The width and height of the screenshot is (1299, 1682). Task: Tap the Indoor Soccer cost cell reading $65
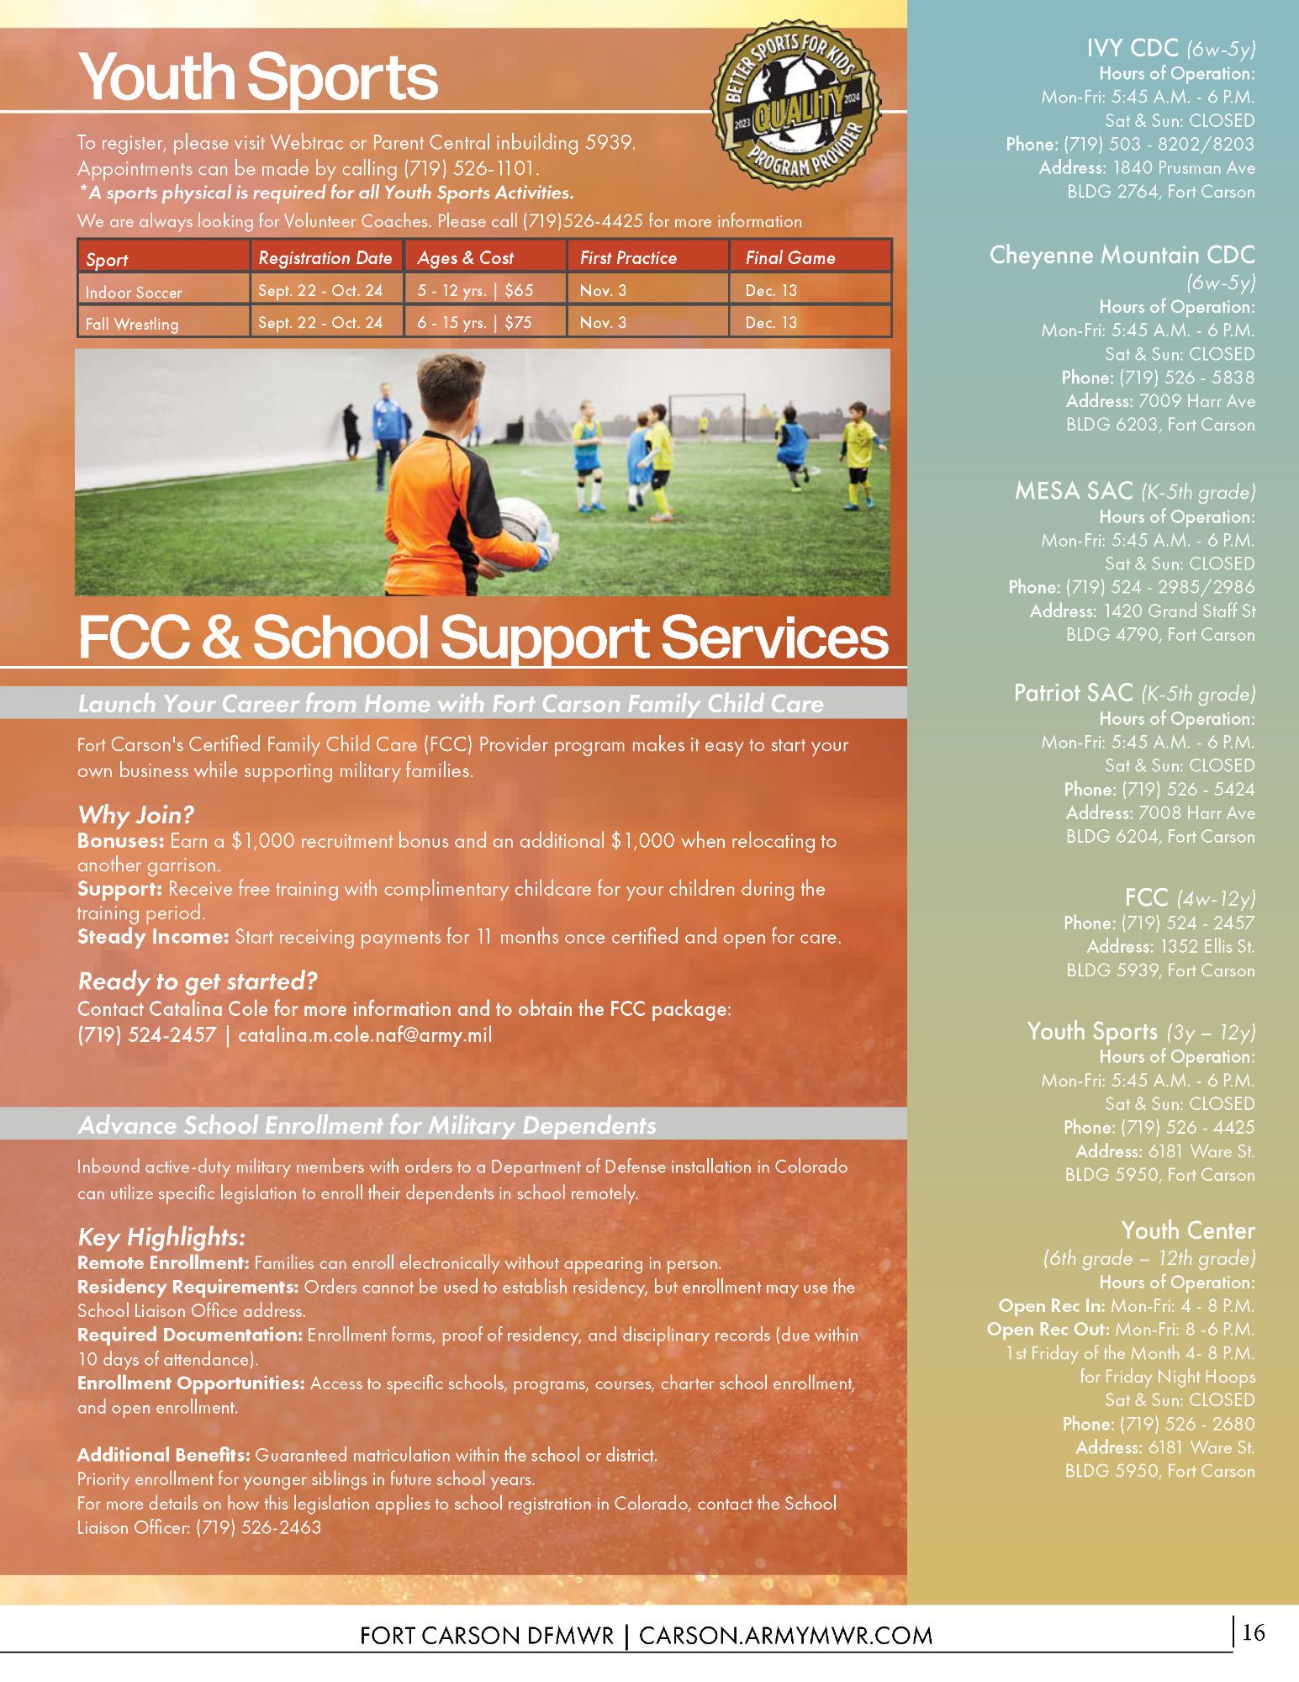[519, 291]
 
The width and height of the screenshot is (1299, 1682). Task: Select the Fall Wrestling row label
[132, 324]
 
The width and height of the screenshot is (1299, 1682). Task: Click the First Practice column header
[628, 258]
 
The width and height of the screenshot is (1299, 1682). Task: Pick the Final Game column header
[790, 258]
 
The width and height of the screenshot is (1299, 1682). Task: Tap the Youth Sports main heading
[258, 77]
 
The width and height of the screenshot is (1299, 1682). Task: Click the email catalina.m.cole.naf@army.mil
[365, 1035]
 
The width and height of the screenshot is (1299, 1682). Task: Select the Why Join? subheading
[135, 815]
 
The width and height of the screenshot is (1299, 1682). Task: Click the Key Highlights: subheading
[161, 1237]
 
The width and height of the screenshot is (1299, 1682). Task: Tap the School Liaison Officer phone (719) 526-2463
[258, 1527]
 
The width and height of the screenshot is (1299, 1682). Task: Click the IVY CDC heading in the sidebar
[1132, 48]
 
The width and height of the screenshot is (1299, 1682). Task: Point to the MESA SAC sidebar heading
[1074, 491]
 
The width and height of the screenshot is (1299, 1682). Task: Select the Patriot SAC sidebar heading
[1073, 693]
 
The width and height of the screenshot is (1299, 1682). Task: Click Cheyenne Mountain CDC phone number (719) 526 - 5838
[1186, 378]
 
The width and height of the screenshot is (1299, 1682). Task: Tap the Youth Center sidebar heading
[1187, 1231]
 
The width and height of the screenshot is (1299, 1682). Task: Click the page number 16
[1253, 1633]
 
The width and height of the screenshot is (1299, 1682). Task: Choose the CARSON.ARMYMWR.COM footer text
[785, 1636]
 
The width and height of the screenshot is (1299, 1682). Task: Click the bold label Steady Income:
[152, 937]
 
